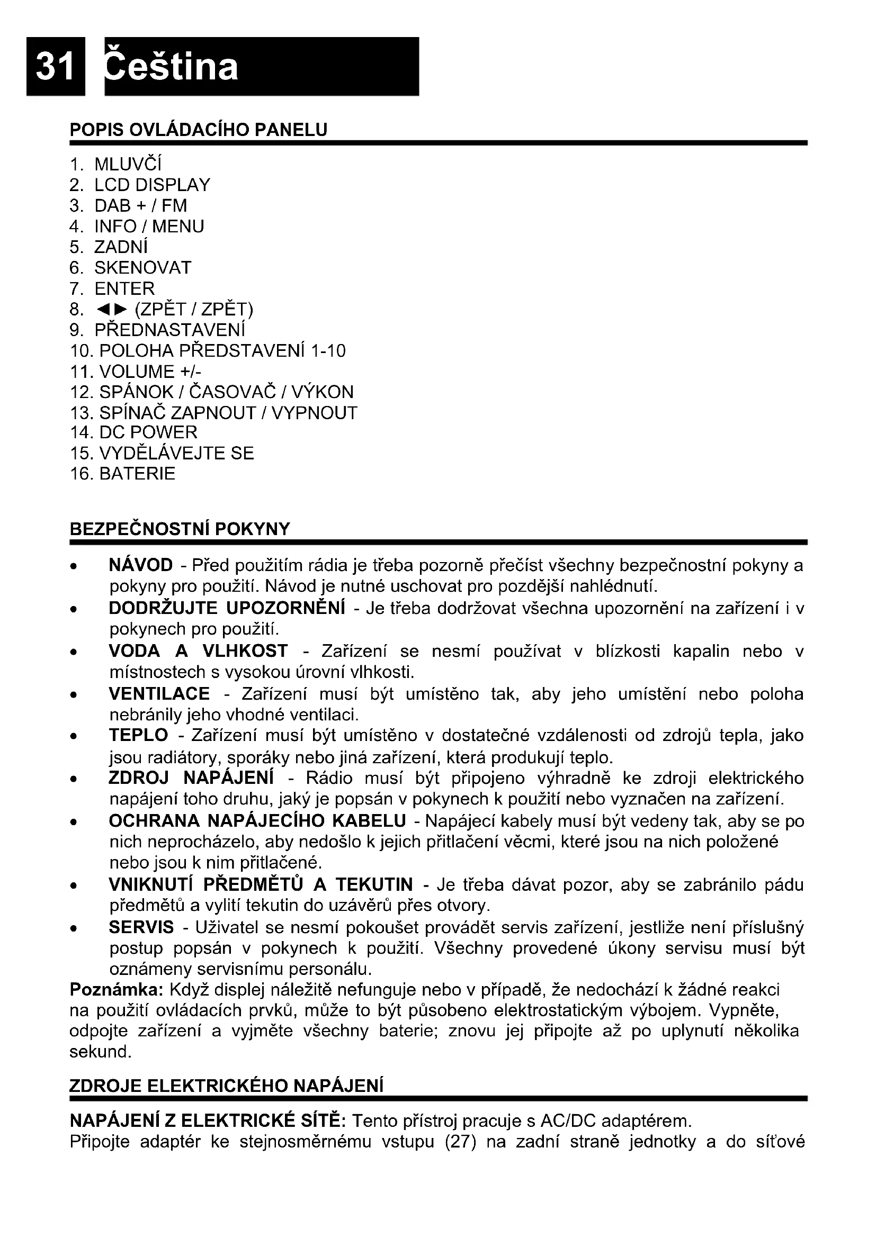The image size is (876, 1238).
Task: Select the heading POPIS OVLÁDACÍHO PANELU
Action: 199,130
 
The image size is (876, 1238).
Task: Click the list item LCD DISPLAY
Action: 151,185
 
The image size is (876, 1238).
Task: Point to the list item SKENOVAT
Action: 142,267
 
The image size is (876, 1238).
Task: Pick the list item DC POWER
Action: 148,432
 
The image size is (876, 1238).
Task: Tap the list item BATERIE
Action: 137,473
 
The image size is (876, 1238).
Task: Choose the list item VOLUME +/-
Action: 150,372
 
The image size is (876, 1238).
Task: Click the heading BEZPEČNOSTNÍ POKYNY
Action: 180,529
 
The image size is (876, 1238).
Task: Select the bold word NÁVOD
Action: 141,565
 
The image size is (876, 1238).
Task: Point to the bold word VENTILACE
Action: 159,693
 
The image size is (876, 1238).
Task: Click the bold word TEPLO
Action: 139,735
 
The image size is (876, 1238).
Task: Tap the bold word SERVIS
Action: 141,927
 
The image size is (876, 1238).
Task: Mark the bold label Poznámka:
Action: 117,990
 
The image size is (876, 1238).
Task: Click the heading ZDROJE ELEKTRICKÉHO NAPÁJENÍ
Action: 227,1086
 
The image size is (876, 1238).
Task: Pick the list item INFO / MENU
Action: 149,227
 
